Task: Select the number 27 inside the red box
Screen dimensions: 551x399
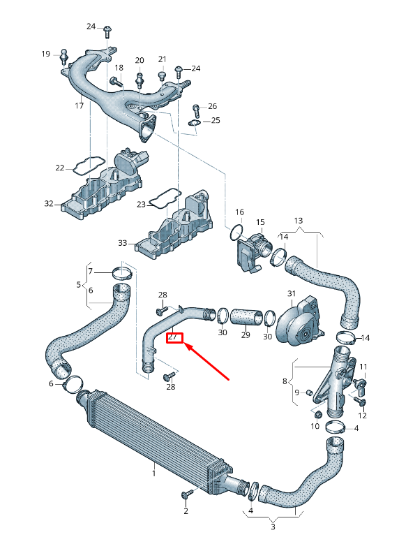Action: coord(174,337)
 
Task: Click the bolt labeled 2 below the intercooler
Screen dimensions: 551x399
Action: coord(186,495)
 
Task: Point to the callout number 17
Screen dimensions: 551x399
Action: coord(80,106)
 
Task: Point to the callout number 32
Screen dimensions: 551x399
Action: coord(49,204)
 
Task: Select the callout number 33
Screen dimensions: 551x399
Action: coord(123,243)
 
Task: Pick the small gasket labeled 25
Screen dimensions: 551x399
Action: coord(195,124)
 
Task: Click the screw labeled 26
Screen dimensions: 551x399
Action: coord(196,109)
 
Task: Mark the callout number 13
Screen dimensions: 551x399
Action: coord(299,221)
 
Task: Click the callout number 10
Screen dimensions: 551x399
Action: coord(315,427)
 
